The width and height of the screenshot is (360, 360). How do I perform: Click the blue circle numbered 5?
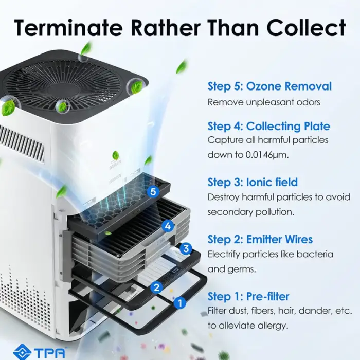tap(153, 191)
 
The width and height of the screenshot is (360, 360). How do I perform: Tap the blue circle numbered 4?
tap(168, 226)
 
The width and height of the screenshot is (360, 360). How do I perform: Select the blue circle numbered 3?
tap(186, 248)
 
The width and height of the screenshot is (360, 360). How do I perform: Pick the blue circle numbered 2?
tap(156, 287)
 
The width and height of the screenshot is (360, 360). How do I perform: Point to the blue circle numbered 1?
tap(180, 303)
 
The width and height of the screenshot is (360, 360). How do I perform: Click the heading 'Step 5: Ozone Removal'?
tap(269, 86)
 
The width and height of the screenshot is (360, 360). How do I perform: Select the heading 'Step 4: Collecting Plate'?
tap(268, 127)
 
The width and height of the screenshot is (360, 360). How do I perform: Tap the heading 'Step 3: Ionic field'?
tap(253, 182)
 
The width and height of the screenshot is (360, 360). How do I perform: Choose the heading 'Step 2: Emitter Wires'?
tap(260, 239)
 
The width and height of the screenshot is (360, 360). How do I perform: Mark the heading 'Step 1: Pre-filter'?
tap(248, 296)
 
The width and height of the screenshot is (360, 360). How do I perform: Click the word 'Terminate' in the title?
tap(68, 27)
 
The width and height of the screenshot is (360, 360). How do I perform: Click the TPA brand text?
tap(49, 352)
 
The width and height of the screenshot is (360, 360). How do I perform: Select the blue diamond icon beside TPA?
tap(22, 352)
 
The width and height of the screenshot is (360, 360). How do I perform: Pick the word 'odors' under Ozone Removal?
tap(308, 102)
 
